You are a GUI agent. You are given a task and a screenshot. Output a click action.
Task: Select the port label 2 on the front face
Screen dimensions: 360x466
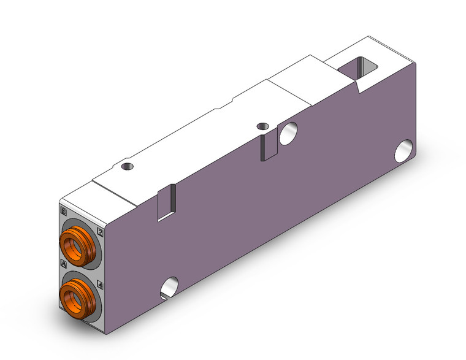click(x=101, y=232)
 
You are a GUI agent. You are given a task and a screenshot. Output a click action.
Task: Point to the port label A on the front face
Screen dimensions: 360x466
click(x=64, y=263)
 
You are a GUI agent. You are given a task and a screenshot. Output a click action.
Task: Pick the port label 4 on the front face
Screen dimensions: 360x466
click(x=101, y=284)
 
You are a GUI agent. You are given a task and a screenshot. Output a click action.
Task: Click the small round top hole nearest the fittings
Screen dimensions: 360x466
click(x=127, y=166)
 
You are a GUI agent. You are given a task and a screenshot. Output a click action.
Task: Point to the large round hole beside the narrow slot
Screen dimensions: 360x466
click(x=288, y=133)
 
